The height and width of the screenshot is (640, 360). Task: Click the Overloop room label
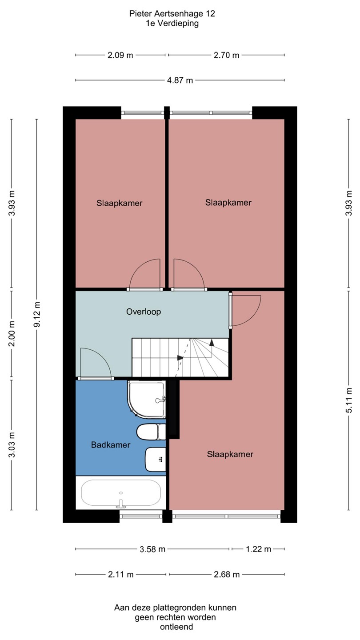pyautogui.click(x=144, y=312)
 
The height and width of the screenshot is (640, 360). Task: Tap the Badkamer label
pyautogui.click(x=111, y=444)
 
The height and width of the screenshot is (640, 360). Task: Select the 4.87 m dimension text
pyautogui.click(x=180, y=80)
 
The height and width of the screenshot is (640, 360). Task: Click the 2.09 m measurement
pyautogui.click(x=120, y=55)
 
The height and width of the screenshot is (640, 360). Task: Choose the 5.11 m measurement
pyautogui.click(x=349, y=400)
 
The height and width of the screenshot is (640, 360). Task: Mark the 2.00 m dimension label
pyautogui.click(x=12, y=333)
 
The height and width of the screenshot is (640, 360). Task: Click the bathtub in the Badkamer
pyautogui.click(x=121, y=493)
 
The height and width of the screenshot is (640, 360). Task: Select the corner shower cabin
pyautogui.click(x=147, y=399)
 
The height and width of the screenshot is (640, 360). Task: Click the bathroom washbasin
pyautogui.click(x=156, y=460)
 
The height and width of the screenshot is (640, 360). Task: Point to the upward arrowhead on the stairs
pyautogui.click(x=212, y=342)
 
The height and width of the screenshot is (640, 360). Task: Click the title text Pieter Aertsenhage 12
pyautogui.click(x=172, y=14)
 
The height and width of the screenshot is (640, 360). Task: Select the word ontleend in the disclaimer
pyautogui.click(x=176, y=627)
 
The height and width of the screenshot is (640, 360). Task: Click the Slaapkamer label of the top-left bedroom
pyautogui.click(x=120, y=203)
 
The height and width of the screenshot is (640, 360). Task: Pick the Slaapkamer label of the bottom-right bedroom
pyautogui.click(x=230, y=454)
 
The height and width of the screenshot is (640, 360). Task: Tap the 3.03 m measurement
pyautogui.click(x=12, y=445)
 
